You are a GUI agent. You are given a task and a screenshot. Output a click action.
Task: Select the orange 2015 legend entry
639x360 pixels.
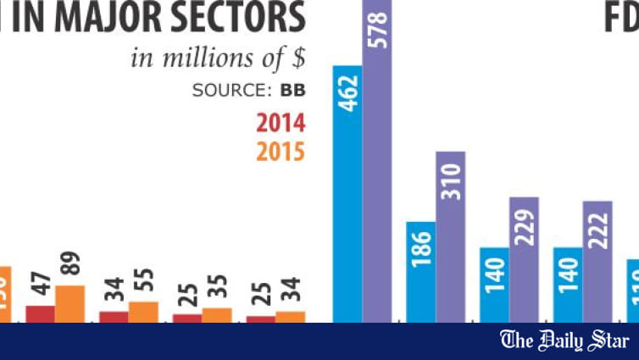coord(281,152)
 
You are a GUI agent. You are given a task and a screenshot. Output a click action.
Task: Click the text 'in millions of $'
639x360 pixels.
coord(218,58)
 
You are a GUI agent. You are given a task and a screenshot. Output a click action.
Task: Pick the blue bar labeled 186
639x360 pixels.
coord(421,271)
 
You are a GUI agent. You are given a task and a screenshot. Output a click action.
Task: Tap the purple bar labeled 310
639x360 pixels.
coord(451,236)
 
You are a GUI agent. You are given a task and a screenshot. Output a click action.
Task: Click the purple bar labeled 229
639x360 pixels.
coord(524,258)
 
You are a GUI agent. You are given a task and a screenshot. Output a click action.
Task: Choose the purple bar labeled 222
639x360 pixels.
coord(597,261)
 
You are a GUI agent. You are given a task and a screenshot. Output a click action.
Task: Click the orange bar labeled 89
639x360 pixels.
coord(70,303)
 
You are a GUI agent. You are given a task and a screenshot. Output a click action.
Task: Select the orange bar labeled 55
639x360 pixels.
coord(143,311)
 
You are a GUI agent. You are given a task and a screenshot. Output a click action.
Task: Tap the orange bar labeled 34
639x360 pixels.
coord(290,316)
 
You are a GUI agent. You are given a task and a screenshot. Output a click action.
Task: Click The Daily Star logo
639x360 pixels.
coord(564,341)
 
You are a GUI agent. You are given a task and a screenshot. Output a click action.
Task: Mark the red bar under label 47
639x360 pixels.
coord(40,313)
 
